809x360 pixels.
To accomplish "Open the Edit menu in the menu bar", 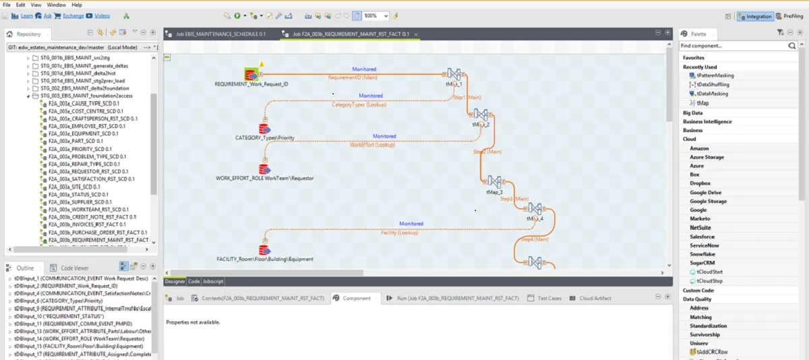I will pos(21,5).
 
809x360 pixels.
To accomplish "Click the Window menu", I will pos(56,5).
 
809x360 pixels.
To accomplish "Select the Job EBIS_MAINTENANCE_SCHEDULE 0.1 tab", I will pos(220,34).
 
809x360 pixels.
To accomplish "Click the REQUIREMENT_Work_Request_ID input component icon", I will pos(251,74).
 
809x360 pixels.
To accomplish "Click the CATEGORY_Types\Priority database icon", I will pos(264,128).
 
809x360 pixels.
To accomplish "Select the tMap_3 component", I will pos(494,183).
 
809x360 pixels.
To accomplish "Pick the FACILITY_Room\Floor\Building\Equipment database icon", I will pos(264,249).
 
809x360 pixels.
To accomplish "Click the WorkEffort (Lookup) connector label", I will pos(372,144).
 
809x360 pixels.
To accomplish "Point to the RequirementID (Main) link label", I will pos(352,78).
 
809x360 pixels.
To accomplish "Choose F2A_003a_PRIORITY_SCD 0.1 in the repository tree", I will pos(80,149).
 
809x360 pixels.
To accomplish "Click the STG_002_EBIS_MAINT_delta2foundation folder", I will pos(84,88).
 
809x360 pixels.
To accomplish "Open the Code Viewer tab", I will pos(74,268).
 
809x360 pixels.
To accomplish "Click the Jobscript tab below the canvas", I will pos(213,281).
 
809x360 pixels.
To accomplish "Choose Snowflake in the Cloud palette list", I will pos(702,254).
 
